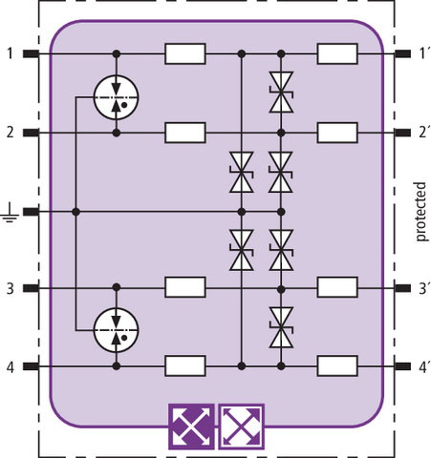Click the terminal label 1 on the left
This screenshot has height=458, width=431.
coord(11,53)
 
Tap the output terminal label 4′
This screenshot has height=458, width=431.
coord(424,367)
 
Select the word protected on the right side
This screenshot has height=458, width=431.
coord(420,212)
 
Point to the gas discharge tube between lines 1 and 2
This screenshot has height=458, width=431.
coord(117,97)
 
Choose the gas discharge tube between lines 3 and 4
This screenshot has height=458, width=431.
coord(117,330)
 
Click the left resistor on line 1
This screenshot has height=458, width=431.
coord(185,53)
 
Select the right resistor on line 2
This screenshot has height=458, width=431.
coord(337,133)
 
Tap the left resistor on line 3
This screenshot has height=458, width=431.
coord(185,287)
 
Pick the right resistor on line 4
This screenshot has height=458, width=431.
coord(337,366)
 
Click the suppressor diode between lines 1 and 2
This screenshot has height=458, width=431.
coord(281,93)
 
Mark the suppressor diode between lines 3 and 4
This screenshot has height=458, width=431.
coord(281,327)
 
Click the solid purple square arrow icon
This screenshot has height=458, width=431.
coord(191,427)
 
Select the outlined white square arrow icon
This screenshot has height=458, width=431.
coord(242,427)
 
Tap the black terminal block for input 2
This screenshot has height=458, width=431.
coord(31,133)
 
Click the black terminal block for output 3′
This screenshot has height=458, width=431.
coord(402,288)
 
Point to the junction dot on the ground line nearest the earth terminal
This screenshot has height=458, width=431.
coord(75,212)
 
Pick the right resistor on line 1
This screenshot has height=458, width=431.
coord(337,53)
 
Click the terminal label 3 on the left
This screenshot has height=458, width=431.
coord(11,289)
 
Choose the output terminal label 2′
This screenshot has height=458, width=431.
coord(424,133)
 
